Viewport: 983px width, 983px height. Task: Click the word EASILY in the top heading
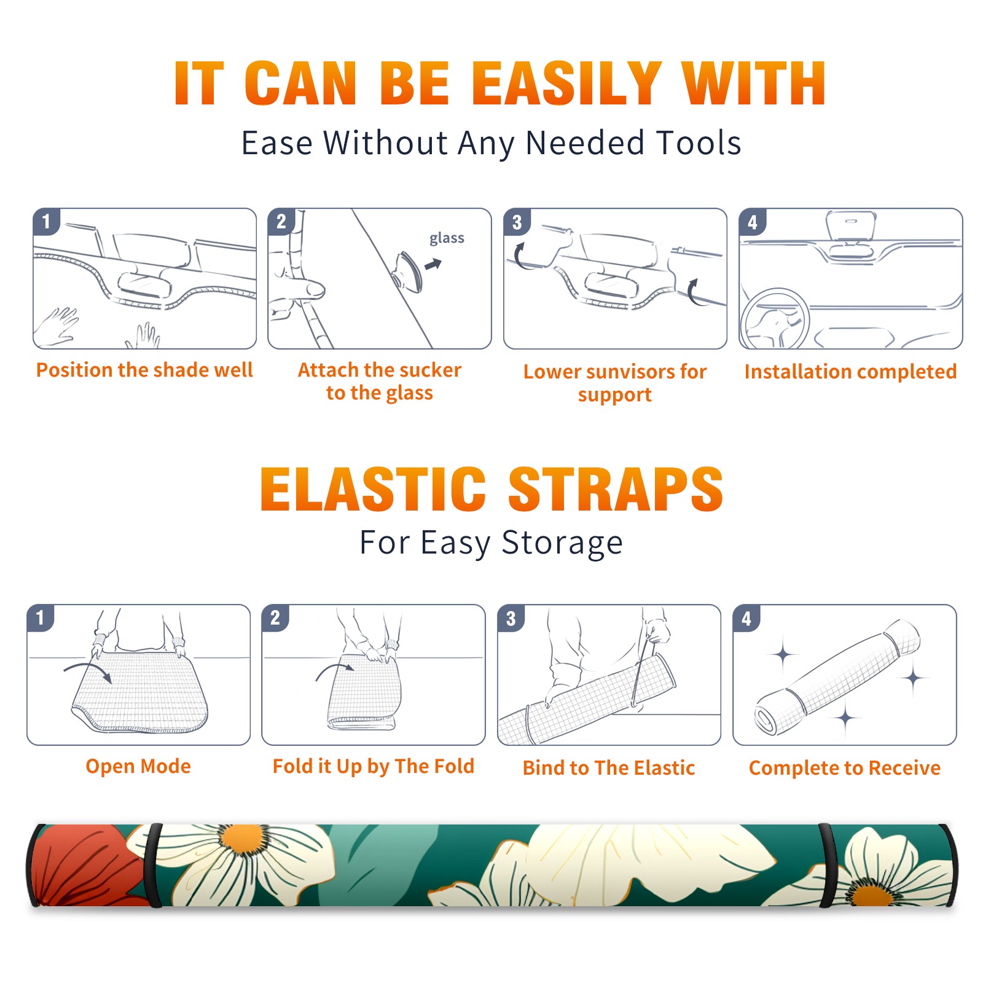pyautogui.click(x=566, y=84)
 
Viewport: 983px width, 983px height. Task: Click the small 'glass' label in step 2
pyautogui.click(x=447, y=238)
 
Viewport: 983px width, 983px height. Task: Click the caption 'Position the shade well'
pyautogui.click(x=144, y=370)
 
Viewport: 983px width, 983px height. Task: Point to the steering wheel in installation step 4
pyautogui.click(x=775, y=319)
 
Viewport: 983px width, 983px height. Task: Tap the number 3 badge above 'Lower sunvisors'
pyautogui.click(x=517, y=222)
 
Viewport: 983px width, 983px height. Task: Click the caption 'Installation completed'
pyautogui.click(x=850, y=372)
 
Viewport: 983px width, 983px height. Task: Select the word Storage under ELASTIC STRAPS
pyautogui.click(x=562, y=543)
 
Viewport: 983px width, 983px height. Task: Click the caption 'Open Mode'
pyautogui.click(x=138, y=766)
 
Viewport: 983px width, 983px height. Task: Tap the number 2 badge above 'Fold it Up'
pyautogui.click(x=275, y=617)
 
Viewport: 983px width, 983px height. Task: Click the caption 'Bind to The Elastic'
pyautogui.click(x=609, y=768)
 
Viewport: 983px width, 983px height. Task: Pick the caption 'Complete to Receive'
pyautogui.click(x=845, y=768)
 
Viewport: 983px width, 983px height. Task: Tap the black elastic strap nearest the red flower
pyautogui.click(x=154, y=865)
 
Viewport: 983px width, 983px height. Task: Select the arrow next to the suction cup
pyautogui.click(x=434, y=264)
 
